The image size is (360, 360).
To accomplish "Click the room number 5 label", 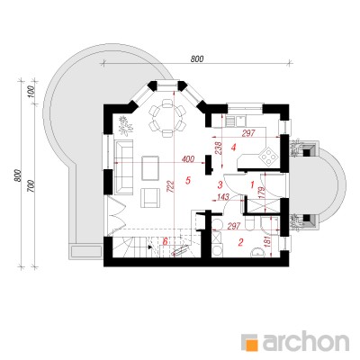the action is [x=188, y=180].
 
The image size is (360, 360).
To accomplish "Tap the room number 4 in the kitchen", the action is [x=233, y=148].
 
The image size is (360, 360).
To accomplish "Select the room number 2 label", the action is [x=240, y=242].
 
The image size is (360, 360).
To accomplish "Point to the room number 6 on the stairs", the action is [x=165, y=241].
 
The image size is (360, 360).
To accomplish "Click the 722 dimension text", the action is [x=169, y=187].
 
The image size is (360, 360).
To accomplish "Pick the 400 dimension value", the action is [x=188, y=158].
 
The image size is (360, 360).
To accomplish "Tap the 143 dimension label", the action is [x=223, y=197].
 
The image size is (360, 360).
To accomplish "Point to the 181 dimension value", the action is [x=268, y=243].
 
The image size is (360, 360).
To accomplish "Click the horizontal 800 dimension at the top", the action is [x=197, y=59].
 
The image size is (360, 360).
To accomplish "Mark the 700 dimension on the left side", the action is [x=32, y=187].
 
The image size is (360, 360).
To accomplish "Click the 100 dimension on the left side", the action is [x=32, y=92].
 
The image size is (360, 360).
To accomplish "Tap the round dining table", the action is [x=166, y=117].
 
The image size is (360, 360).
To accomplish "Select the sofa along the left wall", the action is [x=123, y=166].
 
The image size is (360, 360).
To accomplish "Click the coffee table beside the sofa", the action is [x=151, y=167].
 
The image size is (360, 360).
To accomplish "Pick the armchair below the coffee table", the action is [x=150, y=198].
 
